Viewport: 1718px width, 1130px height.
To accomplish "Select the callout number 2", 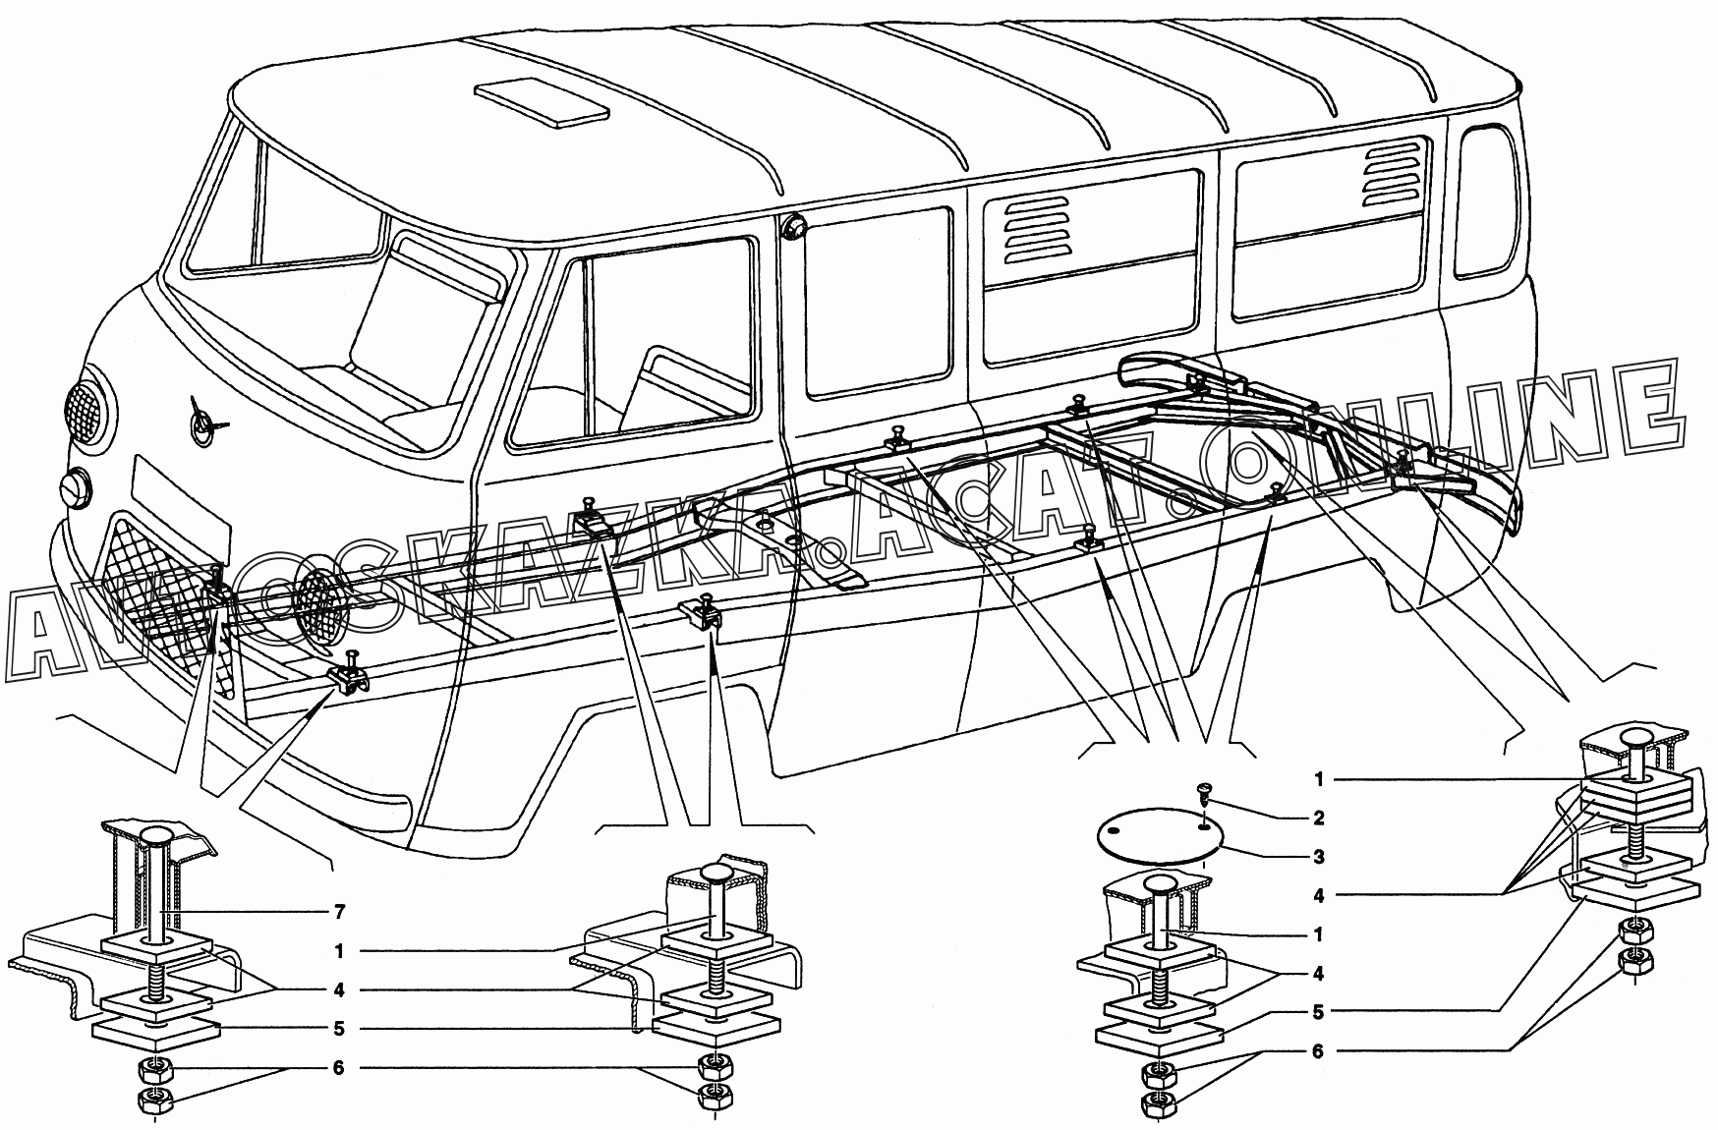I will coord(1318,818).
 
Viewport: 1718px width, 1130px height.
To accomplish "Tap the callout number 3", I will coord(1318,857).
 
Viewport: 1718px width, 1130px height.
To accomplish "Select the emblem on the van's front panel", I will coord(206,423).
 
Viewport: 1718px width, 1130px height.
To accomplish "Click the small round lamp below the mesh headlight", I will coord(75,487).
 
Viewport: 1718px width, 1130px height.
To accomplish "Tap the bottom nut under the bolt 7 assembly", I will coord(155,1102).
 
